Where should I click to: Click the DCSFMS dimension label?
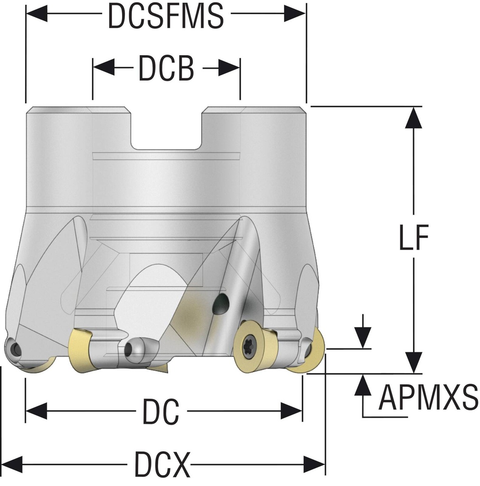[166, 16]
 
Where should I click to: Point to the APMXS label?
[428, 398]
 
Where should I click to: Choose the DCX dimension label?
[162, 464]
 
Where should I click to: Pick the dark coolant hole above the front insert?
[221, 304]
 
